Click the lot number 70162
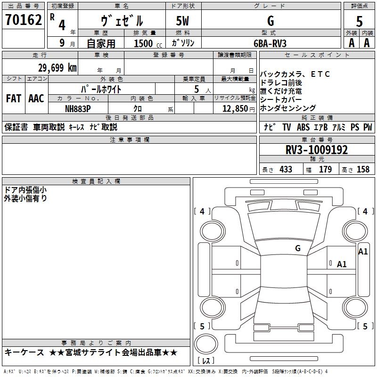click(23, 20)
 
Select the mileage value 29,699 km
click(57, 68)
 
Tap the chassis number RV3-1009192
click(317, 150)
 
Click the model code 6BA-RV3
click(270, 43)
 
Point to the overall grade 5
click(359, 22)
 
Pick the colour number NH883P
click(78, 109)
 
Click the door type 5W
click(182, 21)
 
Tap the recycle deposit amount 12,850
click(235, 109)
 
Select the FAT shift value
click(14, 98)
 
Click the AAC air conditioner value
click(36, 98)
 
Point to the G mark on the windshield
click(298, 248)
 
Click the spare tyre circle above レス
click(206, 344)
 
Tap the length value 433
click(286, 170)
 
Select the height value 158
click(363, 170)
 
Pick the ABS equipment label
click(303, 127)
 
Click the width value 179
click(325, 170)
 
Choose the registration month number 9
click(62, 43)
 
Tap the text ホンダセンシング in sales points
click(287, 108)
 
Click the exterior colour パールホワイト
click(101, 89)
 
